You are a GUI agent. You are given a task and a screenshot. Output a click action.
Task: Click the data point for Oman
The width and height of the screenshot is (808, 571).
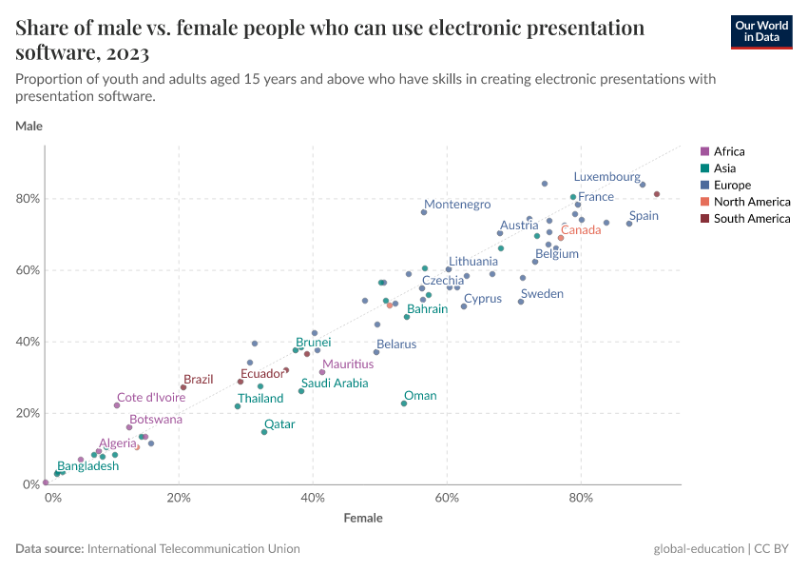tap(404, 404)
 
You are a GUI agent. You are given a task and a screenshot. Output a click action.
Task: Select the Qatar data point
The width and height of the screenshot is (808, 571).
tap(264, 432)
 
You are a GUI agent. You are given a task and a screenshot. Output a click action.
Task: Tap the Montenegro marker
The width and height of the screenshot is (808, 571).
tap(424, 212)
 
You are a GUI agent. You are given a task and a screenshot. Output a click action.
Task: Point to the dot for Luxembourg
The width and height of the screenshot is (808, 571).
tap(643, 185)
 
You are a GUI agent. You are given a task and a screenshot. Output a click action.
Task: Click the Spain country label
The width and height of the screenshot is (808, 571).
tap(644, 216)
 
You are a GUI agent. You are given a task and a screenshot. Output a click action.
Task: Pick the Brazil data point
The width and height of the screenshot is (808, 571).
tap(183, 387)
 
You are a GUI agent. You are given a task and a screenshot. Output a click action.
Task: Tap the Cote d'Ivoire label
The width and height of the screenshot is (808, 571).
tap(151, 398)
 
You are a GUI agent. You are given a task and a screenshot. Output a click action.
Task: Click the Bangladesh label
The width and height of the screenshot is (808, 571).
tap(88, 466)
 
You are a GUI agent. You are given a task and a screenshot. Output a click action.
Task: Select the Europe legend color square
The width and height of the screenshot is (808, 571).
tap(704, 186)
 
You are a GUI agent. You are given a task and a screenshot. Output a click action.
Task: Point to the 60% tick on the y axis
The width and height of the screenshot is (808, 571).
tap(27, 270)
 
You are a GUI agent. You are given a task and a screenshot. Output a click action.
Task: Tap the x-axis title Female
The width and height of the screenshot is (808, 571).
tap(363, 519)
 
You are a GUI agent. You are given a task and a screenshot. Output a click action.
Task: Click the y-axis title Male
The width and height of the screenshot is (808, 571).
tap(29, 126)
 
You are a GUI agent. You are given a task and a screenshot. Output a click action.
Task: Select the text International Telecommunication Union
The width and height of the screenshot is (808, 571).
tap(193, 549)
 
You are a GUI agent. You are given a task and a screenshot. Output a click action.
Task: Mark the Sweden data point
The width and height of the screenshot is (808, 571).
tap(521, 302)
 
